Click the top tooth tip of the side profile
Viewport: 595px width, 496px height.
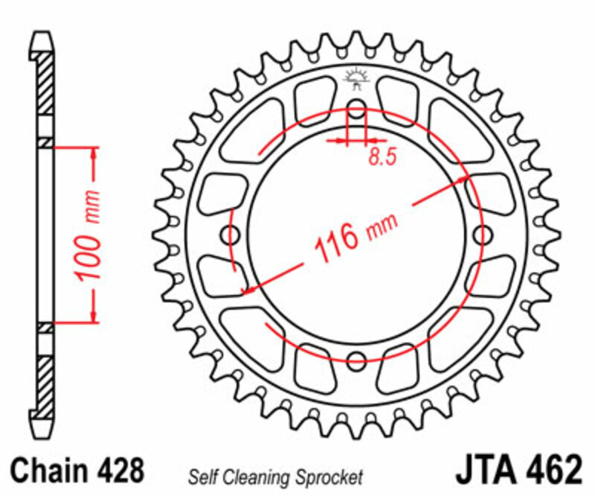click(x=42, y=36)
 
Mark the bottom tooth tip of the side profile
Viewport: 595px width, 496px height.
click(x=42, y=436)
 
